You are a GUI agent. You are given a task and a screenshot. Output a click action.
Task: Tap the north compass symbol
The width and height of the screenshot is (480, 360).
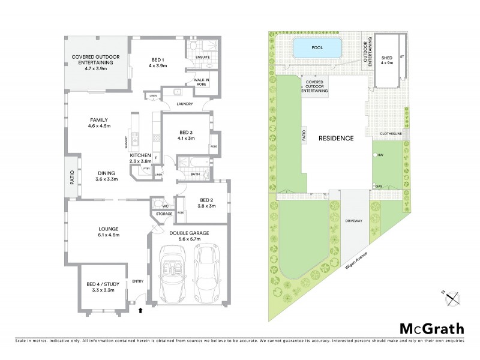click(452, 296)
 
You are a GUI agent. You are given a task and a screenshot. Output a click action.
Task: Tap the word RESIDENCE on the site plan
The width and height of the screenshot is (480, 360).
click(335, 137)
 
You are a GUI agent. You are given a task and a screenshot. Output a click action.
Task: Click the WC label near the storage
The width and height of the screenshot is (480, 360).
click(159, 204)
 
